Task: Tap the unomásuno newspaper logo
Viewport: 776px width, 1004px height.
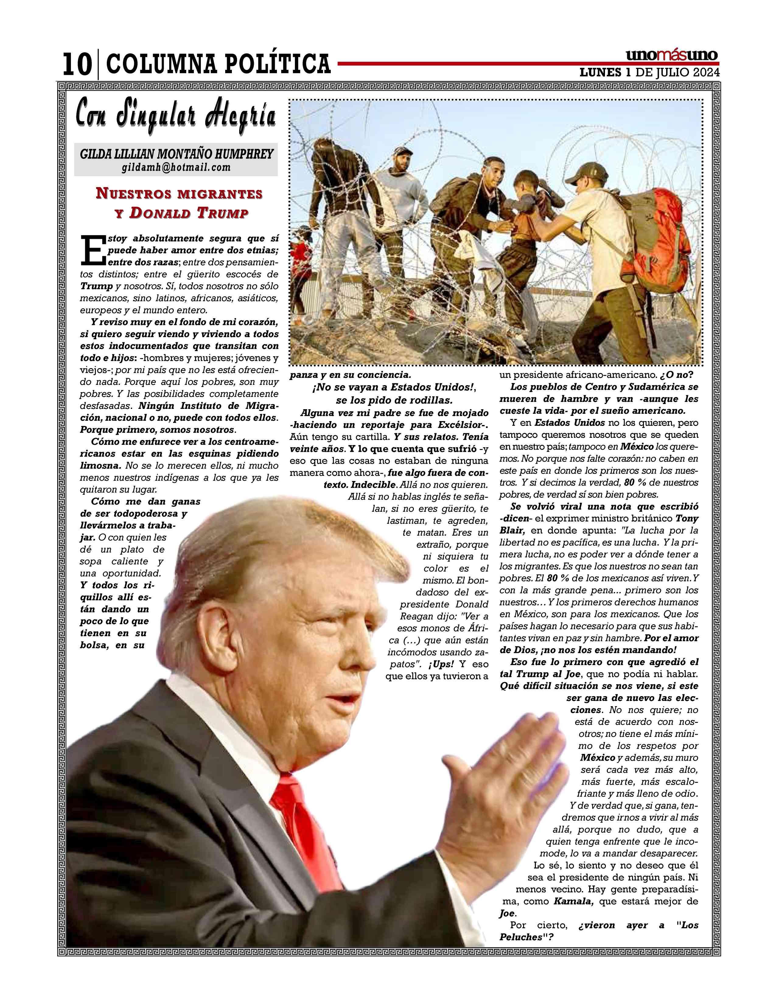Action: [x=671, y=56]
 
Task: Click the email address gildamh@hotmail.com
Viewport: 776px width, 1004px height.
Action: [x=176, y=167]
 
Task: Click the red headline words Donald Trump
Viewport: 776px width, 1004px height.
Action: [x=189, y=213]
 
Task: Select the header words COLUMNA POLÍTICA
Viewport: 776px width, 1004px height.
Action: [x=218, y=64]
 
